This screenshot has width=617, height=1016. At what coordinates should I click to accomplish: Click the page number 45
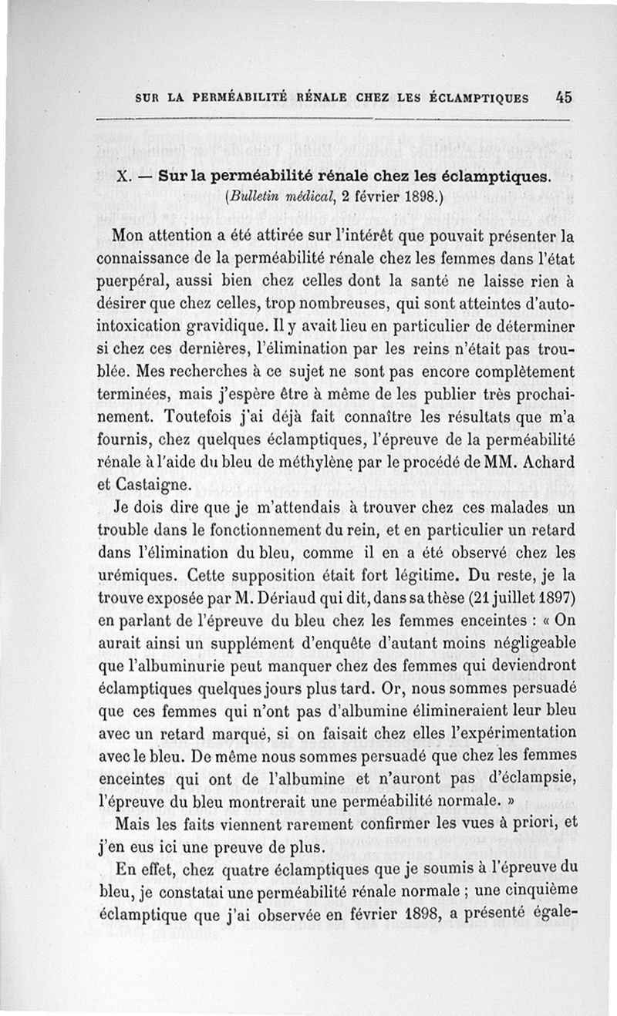pyautogui.click(x=563, y=98)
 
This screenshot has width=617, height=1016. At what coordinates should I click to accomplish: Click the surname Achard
pyautogui.click(x=550, y=465)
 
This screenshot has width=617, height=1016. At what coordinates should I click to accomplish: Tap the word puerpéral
pyautogui.click(x=135, y=284)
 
